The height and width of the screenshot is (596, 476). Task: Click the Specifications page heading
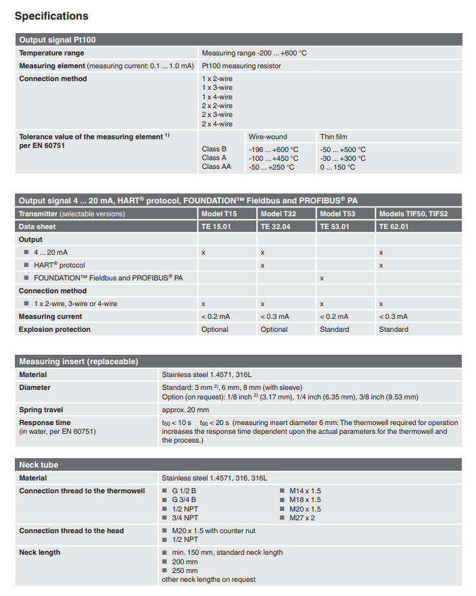click(51, 16)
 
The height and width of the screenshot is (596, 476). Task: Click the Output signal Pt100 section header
click(57, 40)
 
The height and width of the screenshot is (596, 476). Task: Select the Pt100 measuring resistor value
click(241, 66)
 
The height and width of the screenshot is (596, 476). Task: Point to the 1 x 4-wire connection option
click(217, 97)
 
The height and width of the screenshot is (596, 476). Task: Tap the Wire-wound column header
click(268, 136)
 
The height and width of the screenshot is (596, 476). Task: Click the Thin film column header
click(333, 136)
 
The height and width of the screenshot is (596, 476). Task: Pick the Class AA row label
click(216, 167)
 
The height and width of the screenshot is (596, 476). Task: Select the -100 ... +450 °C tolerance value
click(273, 158)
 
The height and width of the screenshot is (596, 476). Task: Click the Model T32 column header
click(279, 214)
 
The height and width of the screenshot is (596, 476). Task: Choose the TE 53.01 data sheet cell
click(335, 226)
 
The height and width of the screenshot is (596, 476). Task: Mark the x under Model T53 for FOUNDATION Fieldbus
click(322, 278)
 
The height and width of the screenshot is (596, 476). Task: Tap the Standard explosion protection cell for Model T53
click(334, 329)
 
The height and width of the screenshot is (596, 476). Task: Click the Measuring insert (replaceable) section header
click(78, 362)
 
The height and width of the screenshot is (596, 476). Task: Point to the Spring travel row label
click(41, 409)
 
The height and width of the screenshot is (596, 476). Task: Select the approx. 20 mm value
click(185, 409)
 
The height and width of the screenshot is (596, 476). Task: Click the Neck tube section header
click(39, 465)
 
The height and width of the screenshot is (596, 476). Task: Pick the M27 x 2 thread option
click(302, 518)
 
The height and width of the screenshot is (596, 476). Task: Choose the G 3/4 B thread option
click(184, 500)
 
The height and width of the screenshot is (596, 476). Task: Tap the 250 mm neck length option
click(184, 570)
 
